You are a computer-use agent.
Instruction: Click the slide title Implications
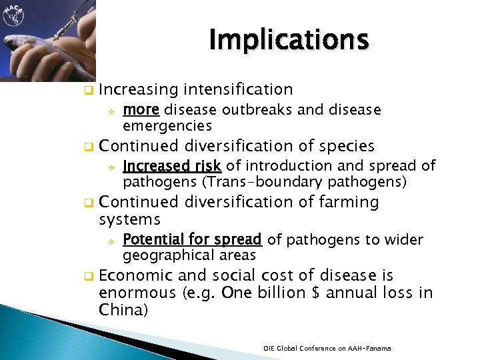[x=288, y=40]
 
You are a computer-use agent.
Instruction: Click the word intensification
[x=239, y=89]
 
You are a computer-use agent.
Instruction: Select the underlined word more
[x=141, y=109]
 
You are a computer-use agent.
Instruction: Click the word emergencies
[x=167, y=125]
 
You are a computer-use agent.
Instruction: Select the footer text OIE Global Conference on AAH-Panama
[x=327, y=349]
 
